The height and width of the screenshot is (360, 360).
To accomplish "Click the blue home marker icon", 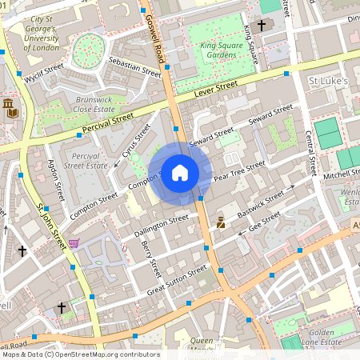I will pos(180,173).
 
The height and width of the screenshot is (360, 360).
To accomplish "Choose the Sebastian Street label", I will pos(134,67).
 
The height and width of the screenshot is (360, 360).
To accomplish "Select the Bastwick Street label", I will pos(263,200).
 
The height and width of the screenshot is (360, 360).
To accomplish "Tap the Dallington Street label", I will pos(161,222).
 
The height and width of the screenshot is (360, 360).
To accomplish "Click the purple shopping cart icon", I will pos(74,243).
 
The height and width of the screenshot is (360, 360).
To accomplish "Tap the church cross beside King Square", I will pos(261,26).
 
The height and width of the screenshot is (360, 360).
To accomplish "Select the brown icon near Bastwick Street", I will pos(221,222).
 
